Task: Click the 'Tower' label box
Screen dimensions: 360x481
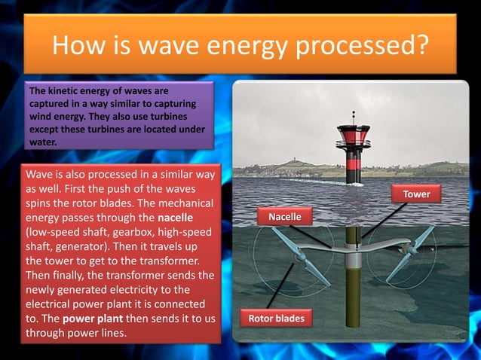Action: point(416,194)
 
